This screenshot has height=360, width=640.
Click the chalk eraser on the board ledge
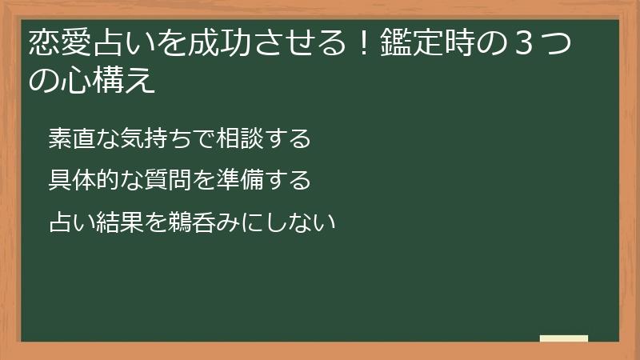(x=564, y=338)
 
